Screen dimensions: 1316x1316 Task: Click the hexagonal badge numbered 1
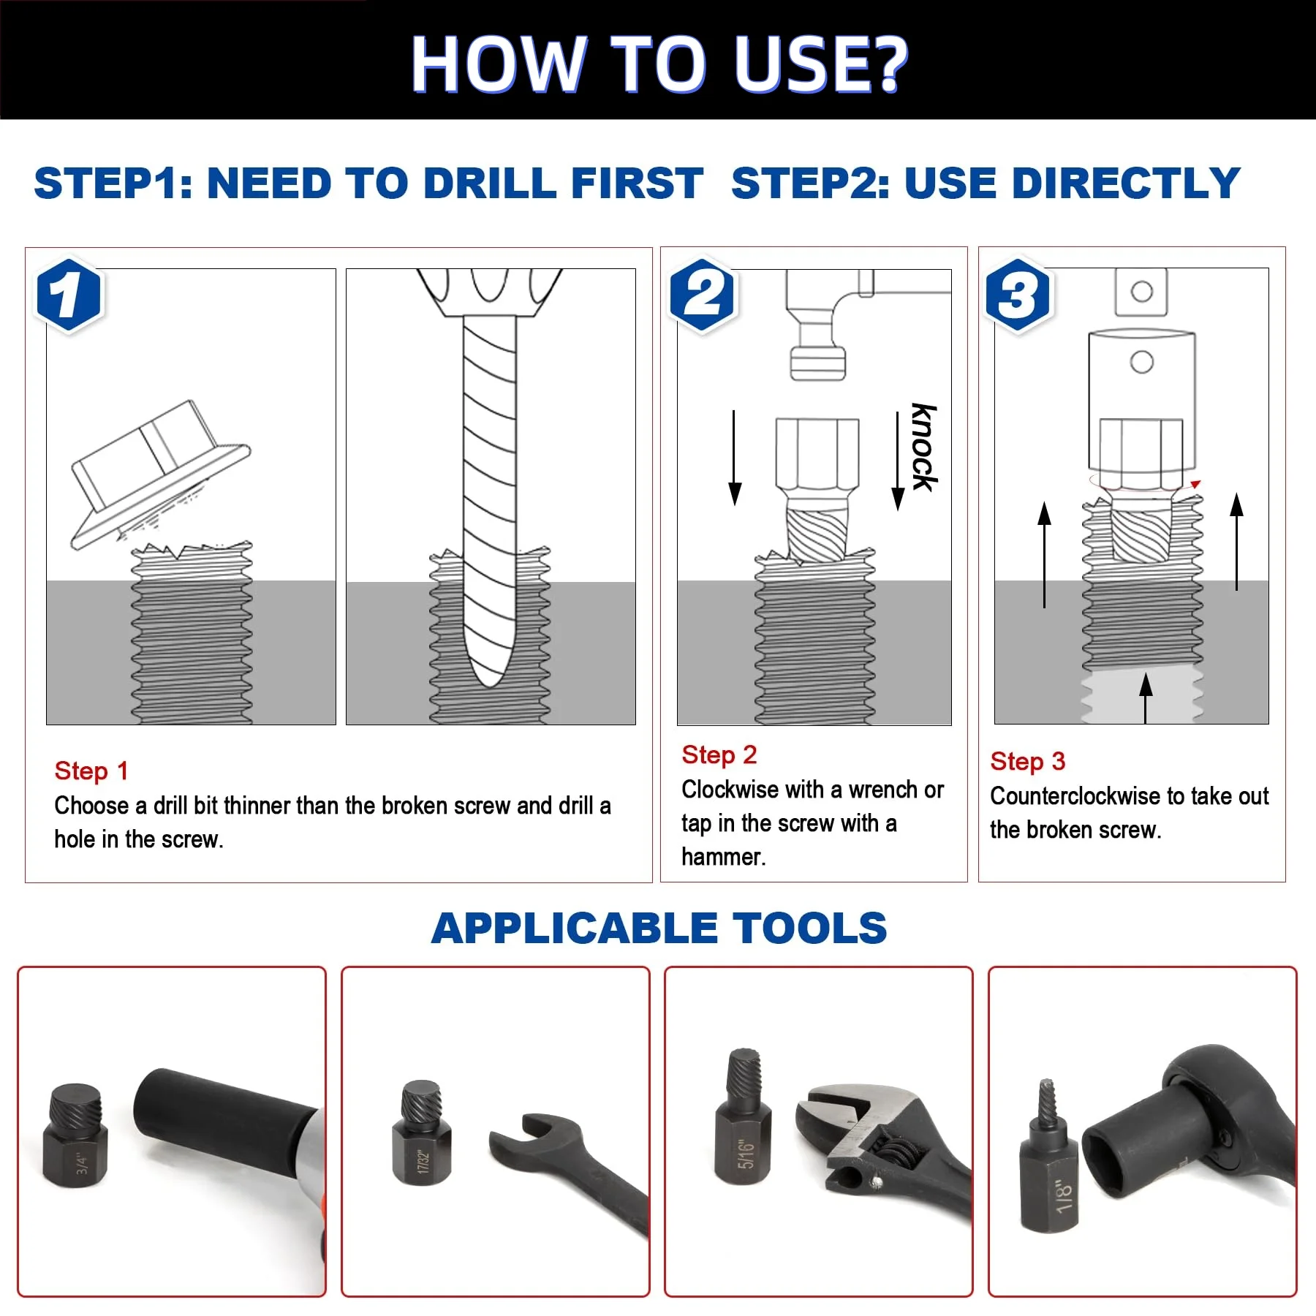[69, 295]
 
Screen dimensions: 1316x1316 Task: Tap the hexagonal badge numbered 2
[703, 295]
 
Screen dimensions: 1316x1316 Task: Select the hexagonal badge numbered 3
[1018, 295]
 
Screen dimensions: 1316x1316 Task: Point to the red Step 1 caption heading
[91, 771]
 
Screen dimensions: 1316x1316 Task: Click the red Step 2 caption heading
[719, 755]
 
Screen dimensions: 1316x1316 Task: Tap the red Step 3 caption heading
[1027, 761]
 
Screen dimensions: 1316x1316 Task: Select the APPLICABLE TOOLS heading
[659, 928]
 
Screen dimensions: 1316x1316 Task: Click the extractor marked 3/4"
[75, 1135]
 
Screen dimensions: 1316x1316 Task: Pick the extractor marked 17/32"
[422, 1132]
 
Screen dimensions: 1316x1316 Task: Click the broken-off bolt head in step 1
[161, 474]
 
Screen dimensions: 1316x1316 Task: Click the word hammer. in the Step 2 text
[724, 857]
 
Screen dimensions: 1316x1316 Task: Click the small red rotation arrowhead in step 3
[1195, 484]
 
